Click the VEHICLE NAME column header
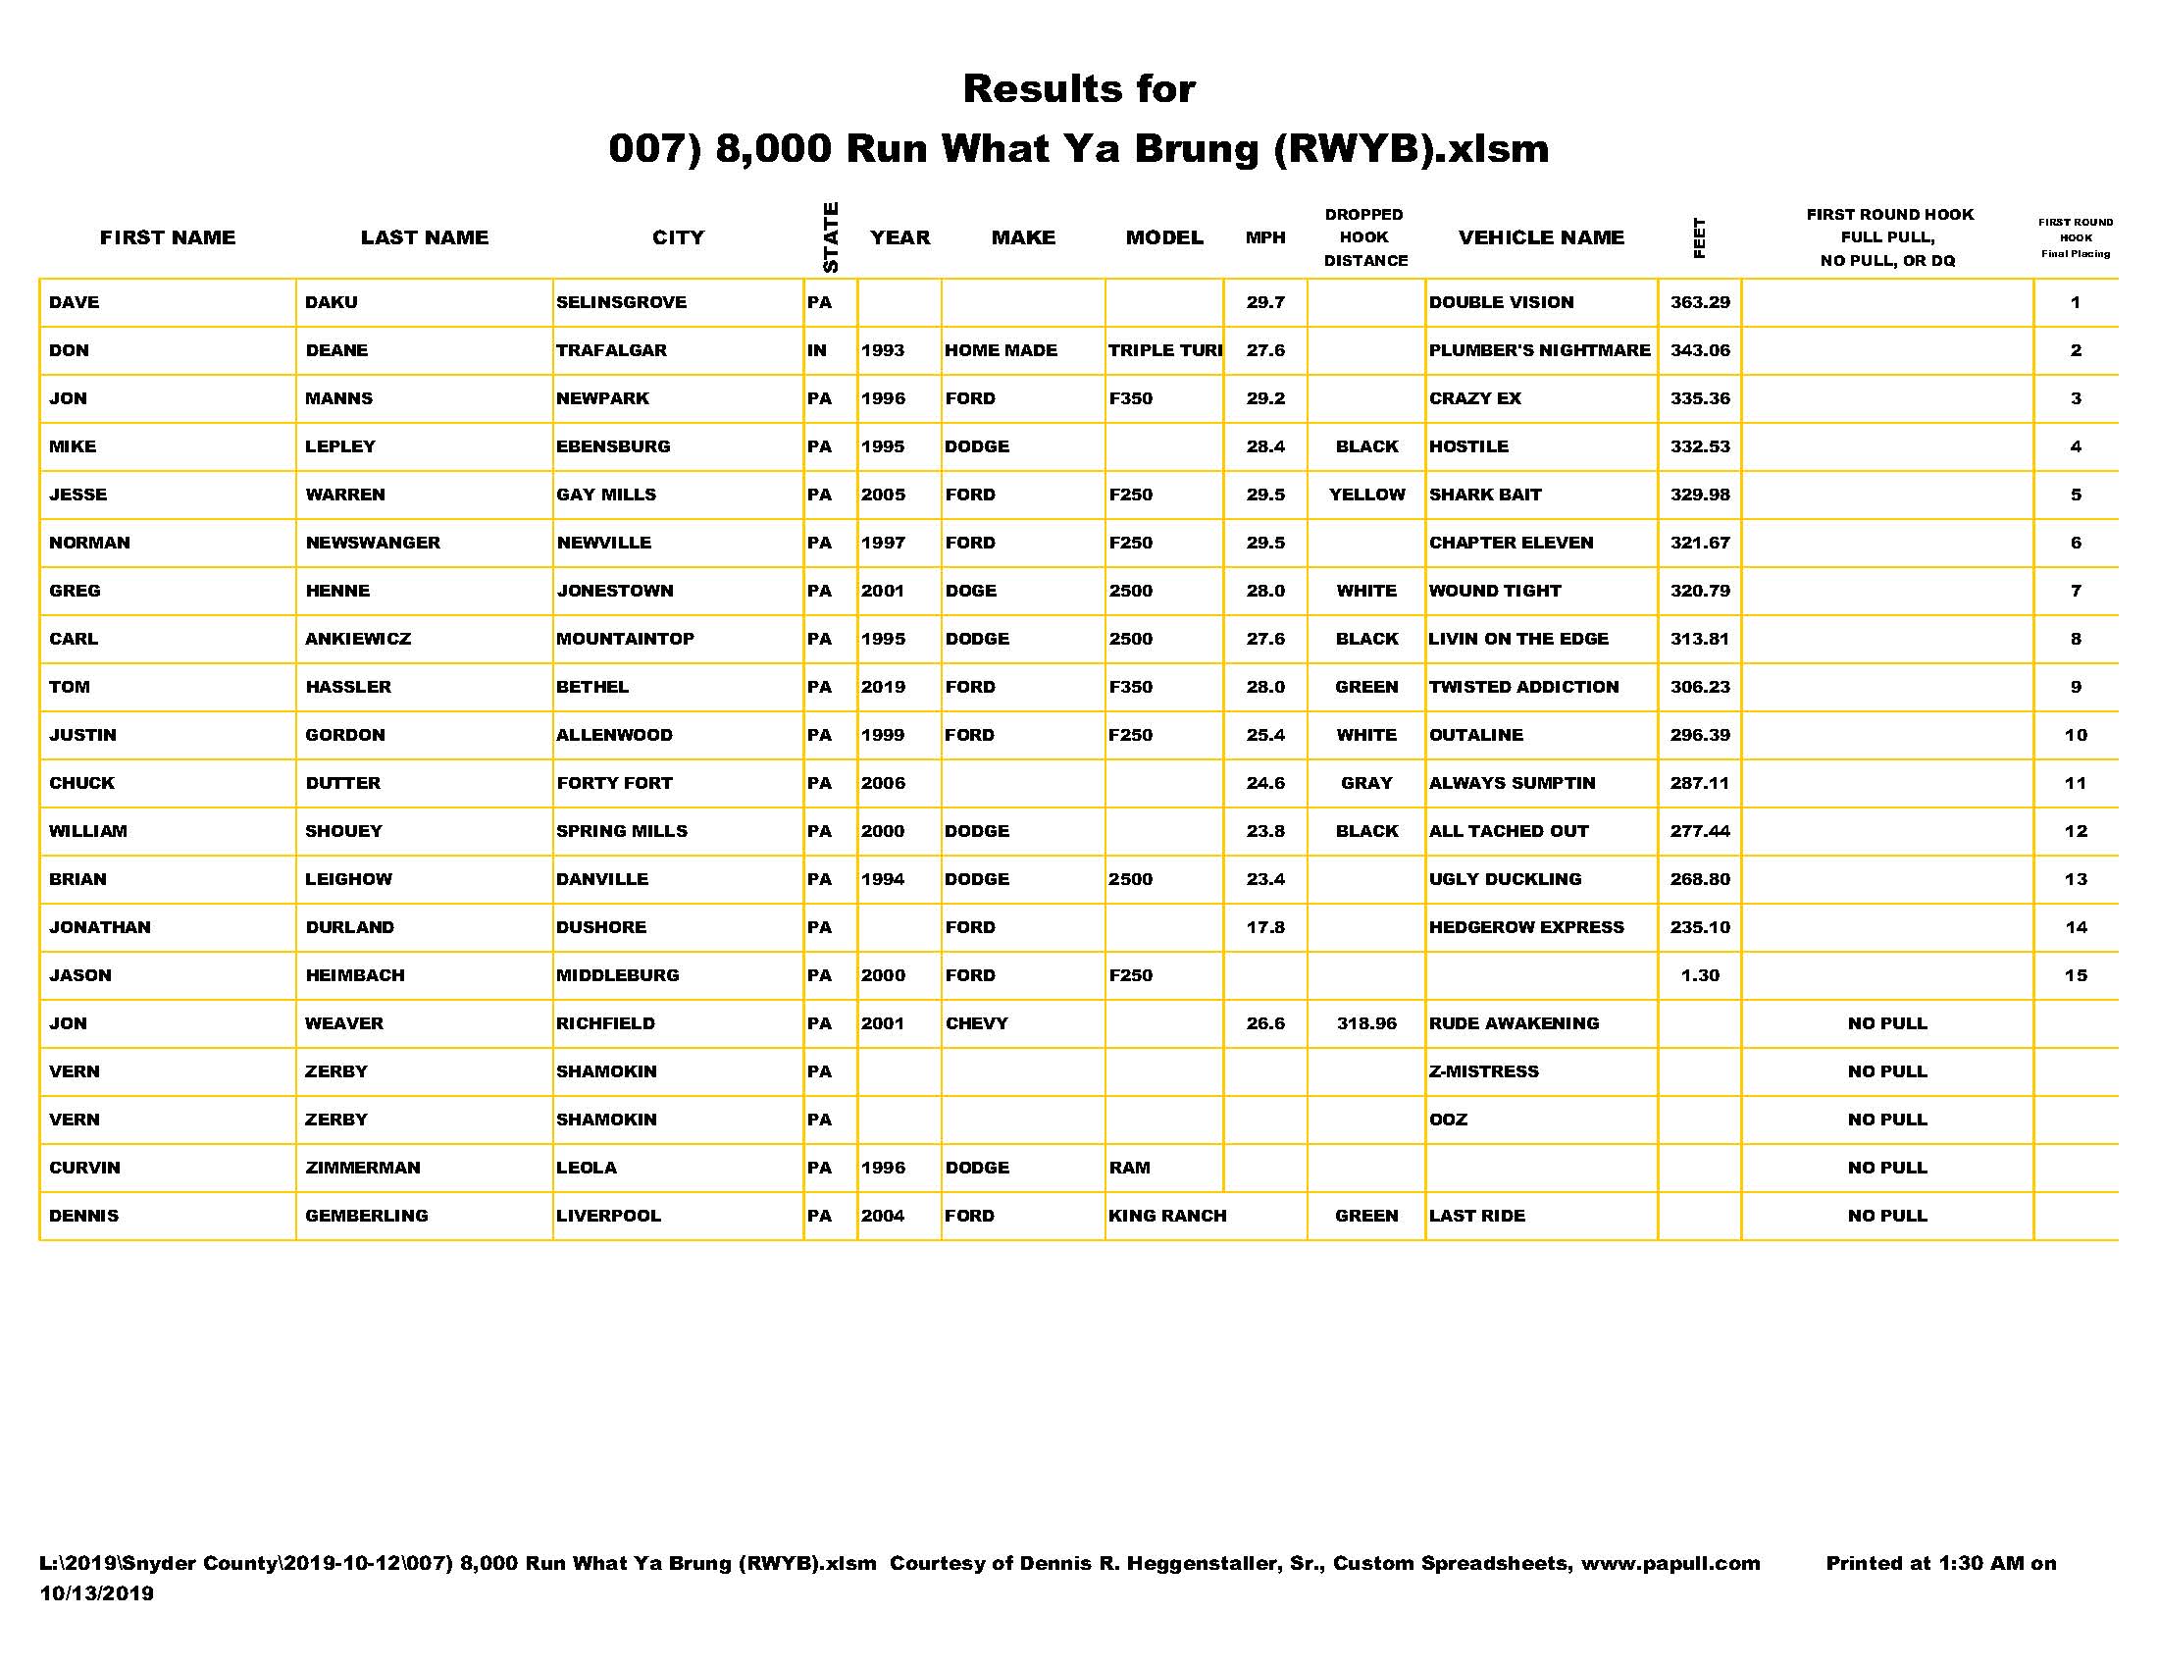click(1540, 237)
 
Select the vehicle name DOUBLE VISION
click(1501, 302)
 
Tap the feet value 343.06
click(1700, 351)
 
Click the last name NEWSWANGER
click(373, 543)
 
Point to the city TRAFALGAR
click(611, 351)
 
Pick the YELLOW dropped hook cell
click(1366, 495)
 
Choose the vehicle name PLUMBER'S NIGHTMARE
click(1539, 351)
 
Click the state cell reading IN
click(817, 351)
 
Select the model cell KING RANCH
click(1167, 1216)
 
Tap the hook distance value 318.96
click(1366, 1023)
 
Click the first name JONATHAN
click(100, 927)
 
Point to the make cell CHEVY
click(976, 1023)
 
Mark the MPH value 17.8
click(1264, 927)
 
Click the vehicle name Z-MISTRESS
click(1483, 1071)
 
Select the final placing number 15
click(2075, 975)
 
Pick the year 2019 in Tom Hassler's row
click(883, 687)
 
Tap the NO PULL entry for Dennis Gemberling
click(1887, 1216)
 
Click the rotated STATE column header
click(831, 237)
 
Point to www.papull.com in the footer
click(1670, 1563)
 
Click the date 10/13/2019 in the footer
click(97, 1592)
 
